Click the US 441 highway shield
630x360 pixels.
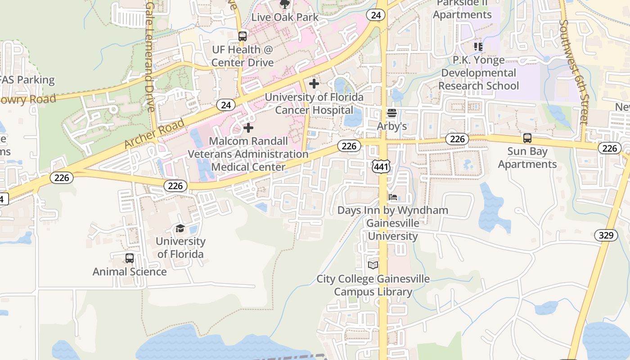tap(381, 167)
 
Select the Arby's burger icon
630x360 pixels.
tap(392, 113)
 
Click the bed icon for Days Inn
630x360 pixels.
tap(393, 197)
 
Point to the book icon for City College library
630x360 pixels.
tap(373, 265)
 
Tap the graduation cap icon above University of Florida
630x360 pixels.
tap(180, 228)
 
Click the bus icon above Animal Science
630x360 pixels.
tap(130, 258)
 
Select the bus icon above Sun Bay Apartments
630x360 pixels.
tap(527, 138)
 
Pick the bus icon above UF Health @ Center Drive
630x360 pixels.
tap(243, 36)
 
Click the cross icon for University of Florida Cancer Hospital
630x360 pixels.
tap(314, 84)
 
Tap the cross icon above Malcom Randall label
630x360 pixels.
tap(248, 128)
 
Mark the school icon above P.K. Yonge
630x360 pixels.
tap(478, 46)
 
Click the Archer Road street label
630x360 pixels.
tap(154, 134)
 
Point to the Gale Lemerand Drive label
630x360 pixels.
tap(150, 56)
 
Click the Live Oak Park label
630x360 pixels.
tap(285, 18)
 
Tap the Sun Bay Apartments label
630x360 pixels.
tap(527, 157)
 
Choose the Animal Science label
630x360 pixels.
tap(130, 272)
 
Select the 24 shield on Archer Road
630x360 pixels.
tap(226, 105)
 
